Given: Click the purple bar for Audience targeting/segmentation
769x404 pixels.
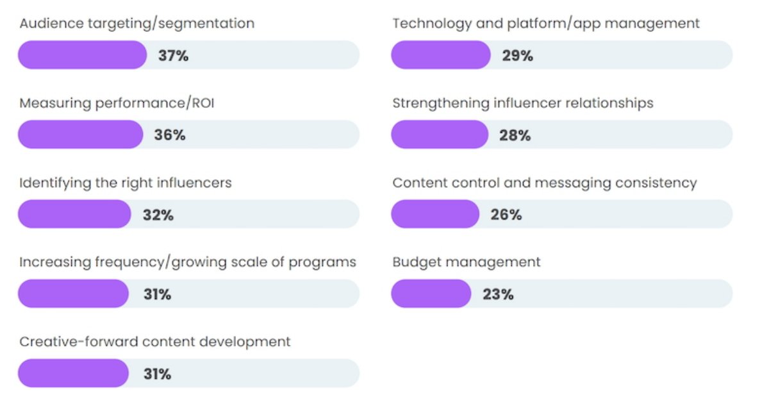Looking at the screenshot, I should coord(82,55).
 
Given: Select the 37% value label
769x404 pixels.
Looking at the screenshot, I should coord(173,56).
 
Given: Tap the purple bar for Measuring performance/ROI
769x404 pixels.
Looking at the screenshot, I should coord(80,135).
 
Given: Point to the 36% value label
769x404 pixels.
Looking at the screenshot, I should coord(169,135).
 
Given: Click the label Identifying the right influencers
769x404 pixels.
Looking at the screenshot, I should coord(126,183).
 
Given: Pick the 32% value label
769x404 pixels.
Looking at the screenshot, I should coord(158,215).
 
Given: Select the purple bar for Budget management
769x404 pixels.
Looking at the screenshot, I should coord(431,294).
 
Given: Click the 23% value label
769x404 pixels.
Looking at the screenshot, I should coord(498,294).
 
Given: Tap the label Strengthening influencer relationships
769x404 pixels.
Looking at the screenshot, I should coord(523,103).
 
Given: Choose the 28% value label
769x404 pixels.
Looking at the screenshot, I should coord(515,135).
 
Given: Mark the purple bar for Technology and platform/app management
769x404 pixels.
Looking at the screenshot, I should coord(441,55).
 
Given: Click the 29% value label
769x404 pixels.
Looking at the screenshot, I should coord(517,56).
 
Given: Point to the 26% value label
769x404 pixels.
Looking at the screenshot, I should coord(506,215).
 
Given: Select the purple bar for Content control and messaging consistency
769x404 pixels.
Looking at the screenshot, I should coord(435,214).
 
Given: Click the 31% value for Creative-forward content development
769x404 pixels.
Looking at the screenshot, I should coord(156,374).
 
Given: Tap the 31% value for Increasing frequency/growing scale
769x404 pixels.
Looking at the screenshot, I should coord(156,294).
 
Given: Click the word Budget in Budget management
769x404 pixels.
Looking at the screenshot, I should coord(415,262).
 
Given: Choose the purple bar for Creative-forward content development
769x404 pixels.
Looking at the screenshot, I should coord(73,373).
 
